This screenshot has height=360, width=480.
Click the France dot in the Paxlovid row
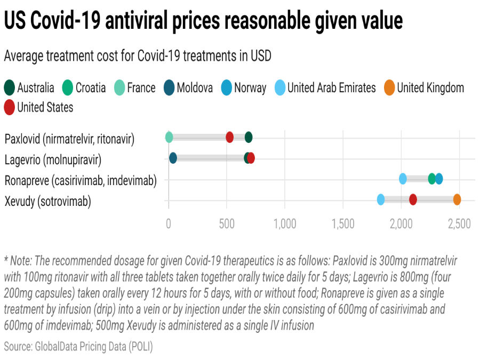click(169, 138)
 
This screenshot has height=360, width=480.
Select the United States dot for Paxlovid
click(229, 138)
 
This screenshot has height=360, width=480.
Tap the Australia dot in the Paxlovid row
click(249, 138)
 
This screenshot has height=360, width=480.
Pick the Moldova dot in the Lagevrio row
click(173, 158)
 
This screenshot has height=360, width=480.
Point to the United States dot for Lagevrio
click(251, 158)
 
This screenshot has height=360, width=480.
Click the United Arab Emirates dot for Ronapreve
click(403, 179)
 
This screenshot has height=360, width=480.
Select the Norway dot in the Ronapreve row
click(439, 179)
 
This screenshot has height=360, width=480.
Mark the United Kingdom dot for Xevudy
click(457, 199)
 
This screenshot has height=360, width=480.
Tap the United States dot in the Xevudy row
click(413, 199)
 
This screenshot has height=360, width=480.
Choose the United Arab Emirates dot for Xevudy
click(381, 199)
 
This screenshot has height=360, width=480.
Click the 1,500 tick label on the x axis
click(343, 223)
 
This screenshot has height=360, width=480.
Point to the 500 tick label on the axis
click(227, 223)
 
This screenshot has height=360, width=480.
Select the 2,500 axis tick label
click(459, 223)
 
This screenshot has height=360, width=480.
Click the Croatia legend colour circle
click(68, 87)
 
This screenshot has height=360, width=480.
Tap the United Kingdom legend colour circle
click(389, 87)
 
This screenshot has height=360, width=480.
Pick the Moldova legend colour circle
click(169, 87)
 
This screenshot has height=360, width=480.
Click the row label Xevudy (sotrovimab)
click(47, 202)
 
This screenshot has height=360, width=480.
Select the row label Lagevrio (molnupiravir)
click(53, 159)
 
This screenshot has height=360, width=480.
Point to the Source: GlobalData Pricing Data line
click(78, 346)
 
